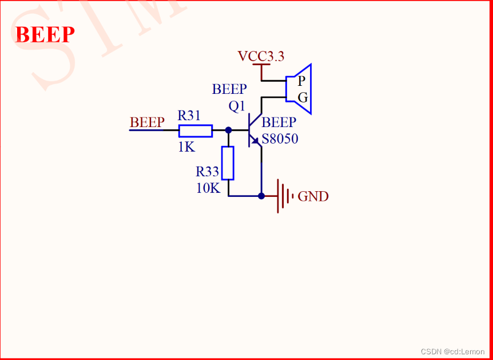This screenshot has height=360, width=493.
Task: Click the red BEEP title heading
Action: (x=45, y=35)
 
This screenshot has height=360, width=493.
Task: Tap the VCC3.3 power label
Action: (x=261, y=56)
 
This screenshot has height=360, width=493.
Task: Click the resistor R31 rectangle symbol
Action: (x=196, y=130)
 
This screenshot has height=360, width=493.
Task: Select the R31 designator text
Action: (x=189, y=116)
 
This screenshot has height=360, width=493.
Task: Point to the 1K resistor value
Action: (x=186, y=147)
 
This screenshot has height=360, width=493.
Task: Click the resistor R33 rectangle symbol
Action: (x=228, y=163)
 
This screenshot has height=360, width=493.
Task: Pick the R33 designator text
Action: (x=207, y=172)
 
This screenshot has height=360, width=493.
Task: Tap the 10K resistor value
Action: (x=208, y=188)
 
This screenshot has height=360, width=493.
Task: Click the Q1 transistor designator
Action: (x=237, y=106)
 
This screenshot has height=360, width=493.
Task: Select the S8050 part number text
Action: (x=280, y=139)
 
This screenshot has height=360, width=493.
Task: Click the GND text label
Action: (x=313, y=197)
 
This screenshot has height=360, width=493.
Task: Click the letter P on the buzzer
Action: (x=301, y=81)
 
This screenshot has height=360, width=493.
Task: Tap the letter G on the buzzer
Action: (x=303, y=97)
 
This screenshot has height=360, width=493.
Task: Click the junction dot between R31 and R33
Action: (x=228, y=130)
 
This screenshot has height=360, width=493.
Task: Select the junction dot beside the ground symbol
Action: (x=261, y=196)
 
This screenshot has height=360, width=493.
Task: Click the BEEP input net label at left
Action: (x=147, y=122)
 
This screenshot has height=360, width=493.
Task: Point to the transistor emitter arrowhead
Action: (x=256, y=141)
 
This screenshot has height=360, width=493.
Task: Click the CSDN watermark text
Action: (x=452, y=351)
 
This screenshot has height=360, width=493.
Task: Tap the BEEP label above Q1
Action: (x=229, y=89)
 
